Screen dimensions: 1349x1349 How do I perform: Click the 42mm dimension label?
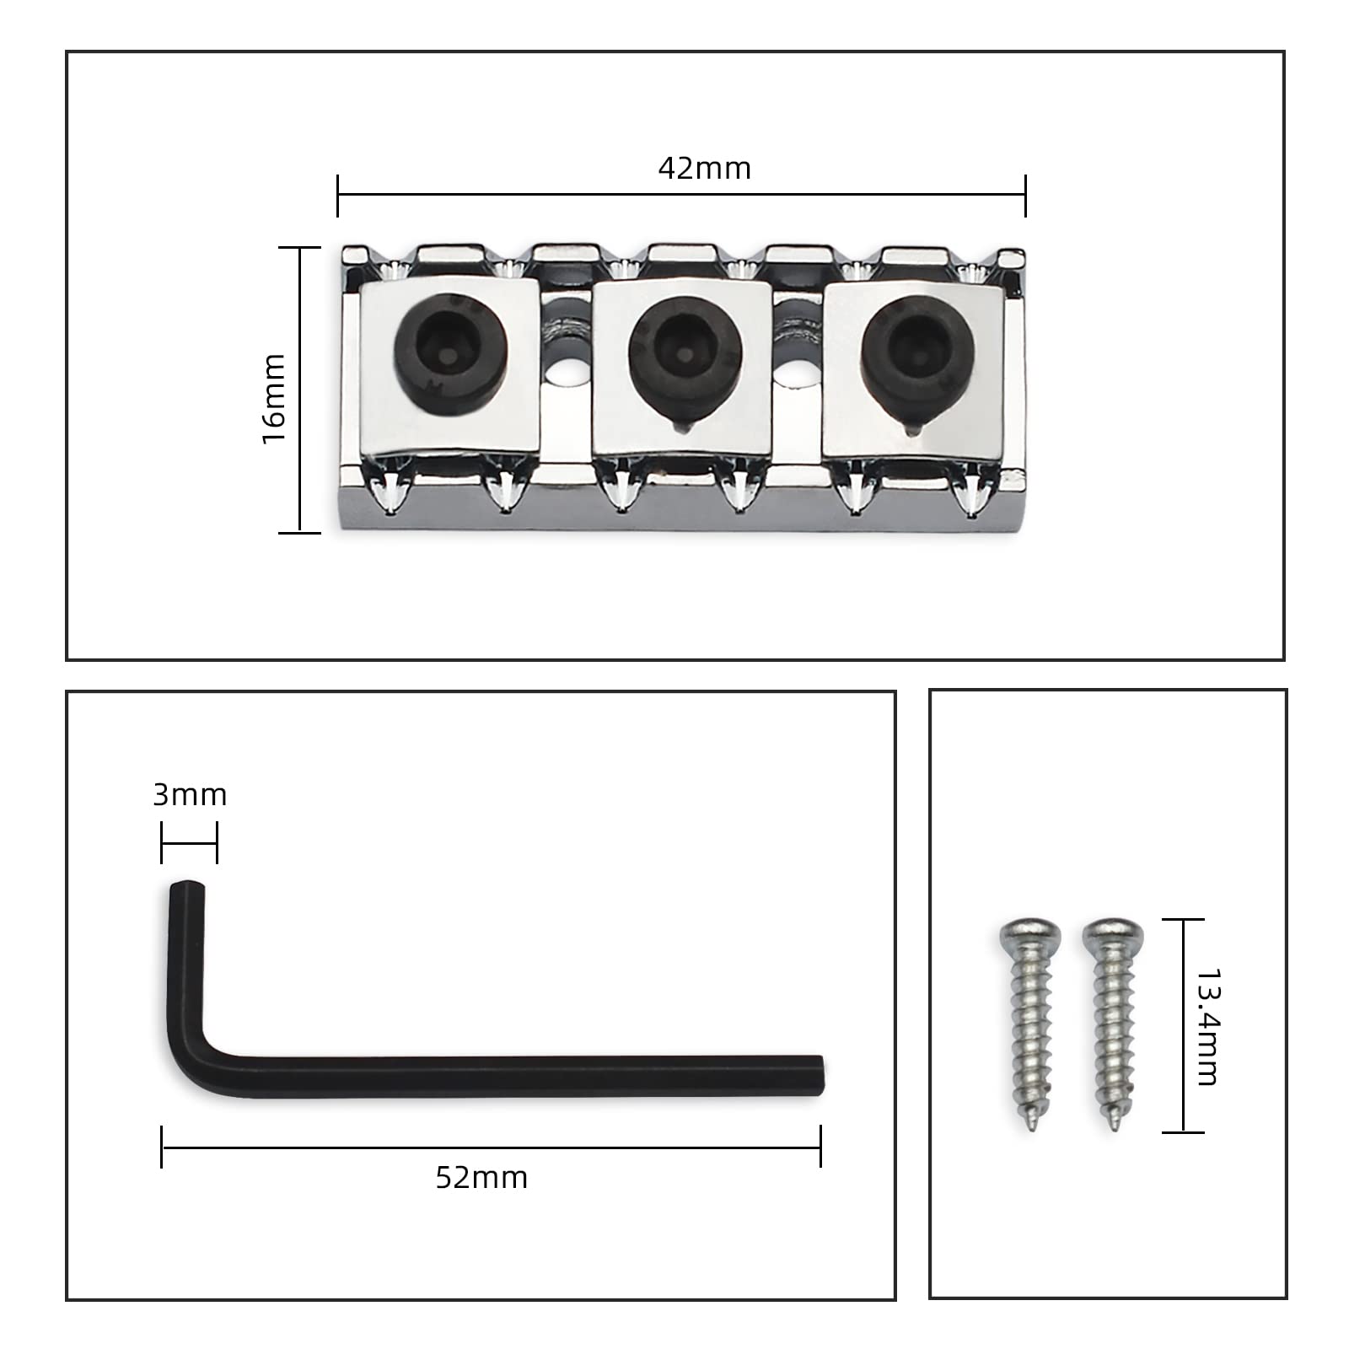click(704, 169)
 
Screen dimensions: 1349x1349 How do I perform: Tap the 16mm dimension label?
click(274, 399)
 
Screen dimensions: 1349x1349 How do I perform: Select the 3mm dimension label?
click(190, 795)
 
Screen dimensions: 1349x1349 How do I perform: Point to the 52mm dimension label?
click(481, 1177)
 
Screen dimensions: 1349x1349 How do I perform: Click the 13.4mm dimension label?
click(1207, 1026)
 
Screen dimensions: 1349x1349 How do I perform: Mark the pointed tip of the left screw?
click(1033, 1127)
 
